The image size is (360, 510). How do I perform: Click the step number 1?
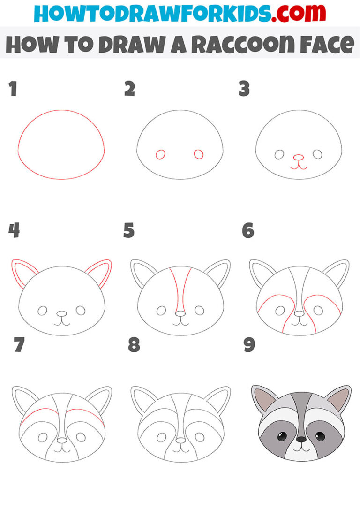pyautogui.click(x=13, y=89)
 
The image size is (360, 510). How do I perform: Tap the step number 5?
pyautogui.click(x=129, y=231)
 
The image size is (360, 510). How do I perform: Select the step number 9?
pyautogui.click(x=249, y=345)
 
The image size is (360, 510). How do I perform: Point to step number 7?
pyautogui.click(x=19, y=345)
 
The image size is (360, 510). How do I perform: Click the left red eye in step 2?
pyautogui.click(x=160, y=154)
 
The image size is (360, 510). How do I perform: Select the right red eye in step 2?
pyautogui.click(x=198, y=154)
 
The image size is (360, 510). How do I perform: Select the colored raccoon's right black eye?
pyautogui.click(x=320, y=436)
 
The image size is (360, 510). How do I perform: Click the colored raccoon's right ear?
pyautogui.click(x=338, y=398)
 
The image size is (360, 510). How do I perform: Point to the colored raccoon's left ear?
pyautogui.click(x=262, y=398)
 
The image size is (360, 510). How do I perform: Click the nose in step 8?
pyautogui.click(x=181, y=441)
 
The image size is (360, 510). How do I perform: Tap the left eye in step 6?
pyautogui.click(x=280, y=310)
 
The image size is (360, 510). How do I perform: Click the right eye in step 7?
pyautogui.click(x=81, y=437)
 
